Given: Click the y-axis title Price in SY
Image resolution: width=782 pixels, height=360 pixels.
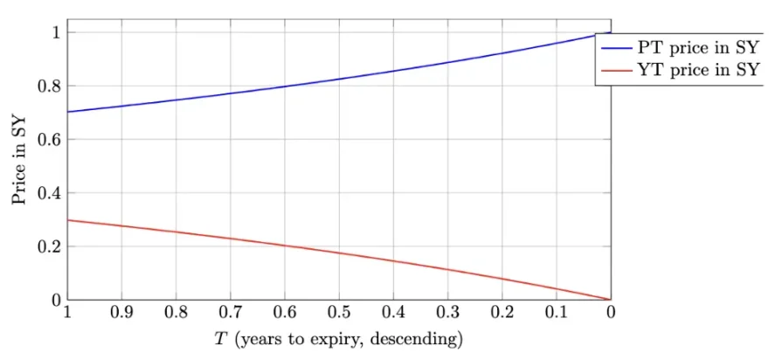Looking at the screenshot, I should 19,160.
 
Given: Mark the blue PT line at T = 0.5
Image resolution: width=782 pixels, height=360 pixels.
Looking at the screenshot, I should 339,79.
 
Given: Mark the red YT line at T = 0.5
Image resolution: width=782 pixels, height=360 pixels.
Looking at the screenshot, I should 339,253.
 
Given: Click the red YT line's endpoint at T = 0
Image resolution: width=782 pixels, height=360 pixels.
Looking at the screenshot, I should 610,300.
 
